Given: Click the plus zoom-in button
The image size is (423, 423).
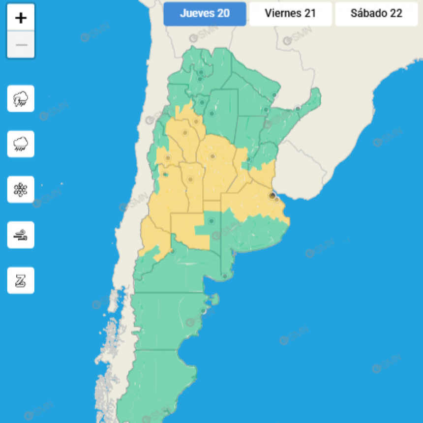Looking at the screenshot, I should click(21, 18).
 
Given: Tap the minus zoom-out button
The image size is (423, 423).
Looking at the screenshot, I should click(21, 45).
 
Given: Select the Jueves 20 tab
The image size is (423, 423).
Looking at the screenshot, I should click(205, 14).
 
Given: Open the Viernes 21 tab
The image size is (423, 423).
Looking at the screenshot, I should click(290, 14).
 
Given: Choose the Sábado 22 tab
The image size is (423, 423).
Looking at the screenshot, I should click(376, 14).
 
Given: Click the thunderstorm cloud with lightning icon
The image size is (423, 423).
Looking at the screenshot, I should click(21, 98).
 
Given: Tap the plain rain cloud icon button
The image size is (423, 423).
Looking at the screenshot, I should click(21, 144).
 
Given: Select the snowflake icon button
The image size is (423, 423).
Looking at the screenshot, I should click(21, 189).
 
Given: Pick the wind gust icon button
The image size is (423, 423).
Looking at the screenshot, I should click(21, 235).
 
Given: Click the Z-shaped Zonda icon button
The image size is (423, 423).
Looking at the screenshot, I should click(21, 280).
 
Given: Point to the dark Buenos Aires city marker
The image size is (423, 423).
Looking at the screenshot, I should click(272, 196).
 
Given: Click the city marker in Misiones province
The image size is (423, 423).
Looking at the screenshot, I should click(298, 109).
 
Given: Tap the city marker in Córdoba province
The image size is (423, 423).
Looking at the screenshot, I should click(212, 157).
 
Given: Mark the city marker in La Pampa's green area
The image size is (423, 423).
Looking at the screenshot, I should click(211, 221).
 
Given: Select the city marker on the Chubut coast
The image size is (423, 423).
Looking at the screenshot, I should click(203, 311).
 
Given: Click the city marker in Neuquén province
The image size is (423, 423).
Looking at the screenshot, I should click(172, 251).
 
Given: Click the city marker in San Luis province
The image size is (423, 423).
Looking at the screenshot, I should click(190, 180).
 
